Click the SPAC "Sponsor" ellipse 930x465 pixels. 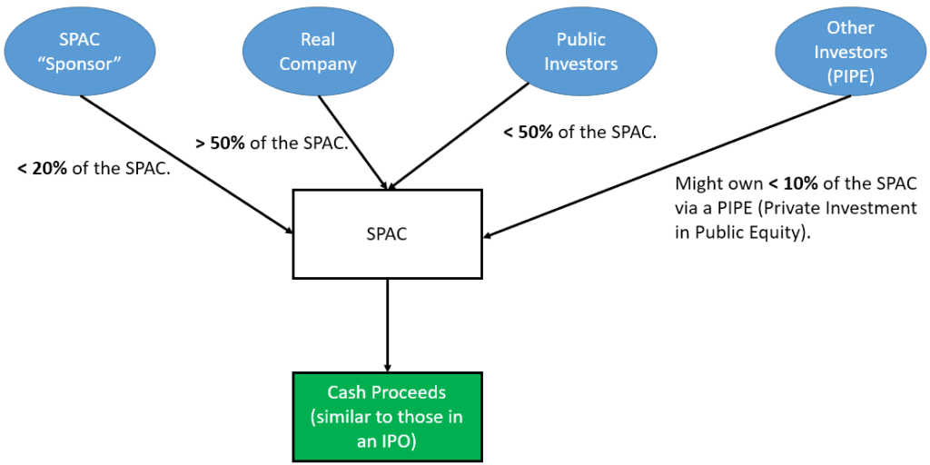79,52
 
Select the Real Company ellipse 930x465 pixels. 318,52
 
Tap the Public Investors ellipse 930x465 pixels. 581,52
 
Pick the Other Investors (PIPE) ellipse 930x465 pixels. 850,52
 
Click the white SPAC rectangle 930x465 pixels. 388,233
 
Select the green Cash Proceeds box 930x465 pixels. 388,416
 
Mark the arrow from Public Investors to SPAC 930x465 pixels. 459,135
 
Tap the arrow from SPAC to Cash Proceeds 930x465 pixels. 388,322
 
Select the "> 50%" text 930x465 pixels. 221,143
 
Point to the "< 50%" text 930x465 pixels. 528,132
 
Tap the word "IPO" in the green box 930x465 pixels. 400,439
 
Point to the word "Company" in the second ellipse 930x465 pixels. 318,64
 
